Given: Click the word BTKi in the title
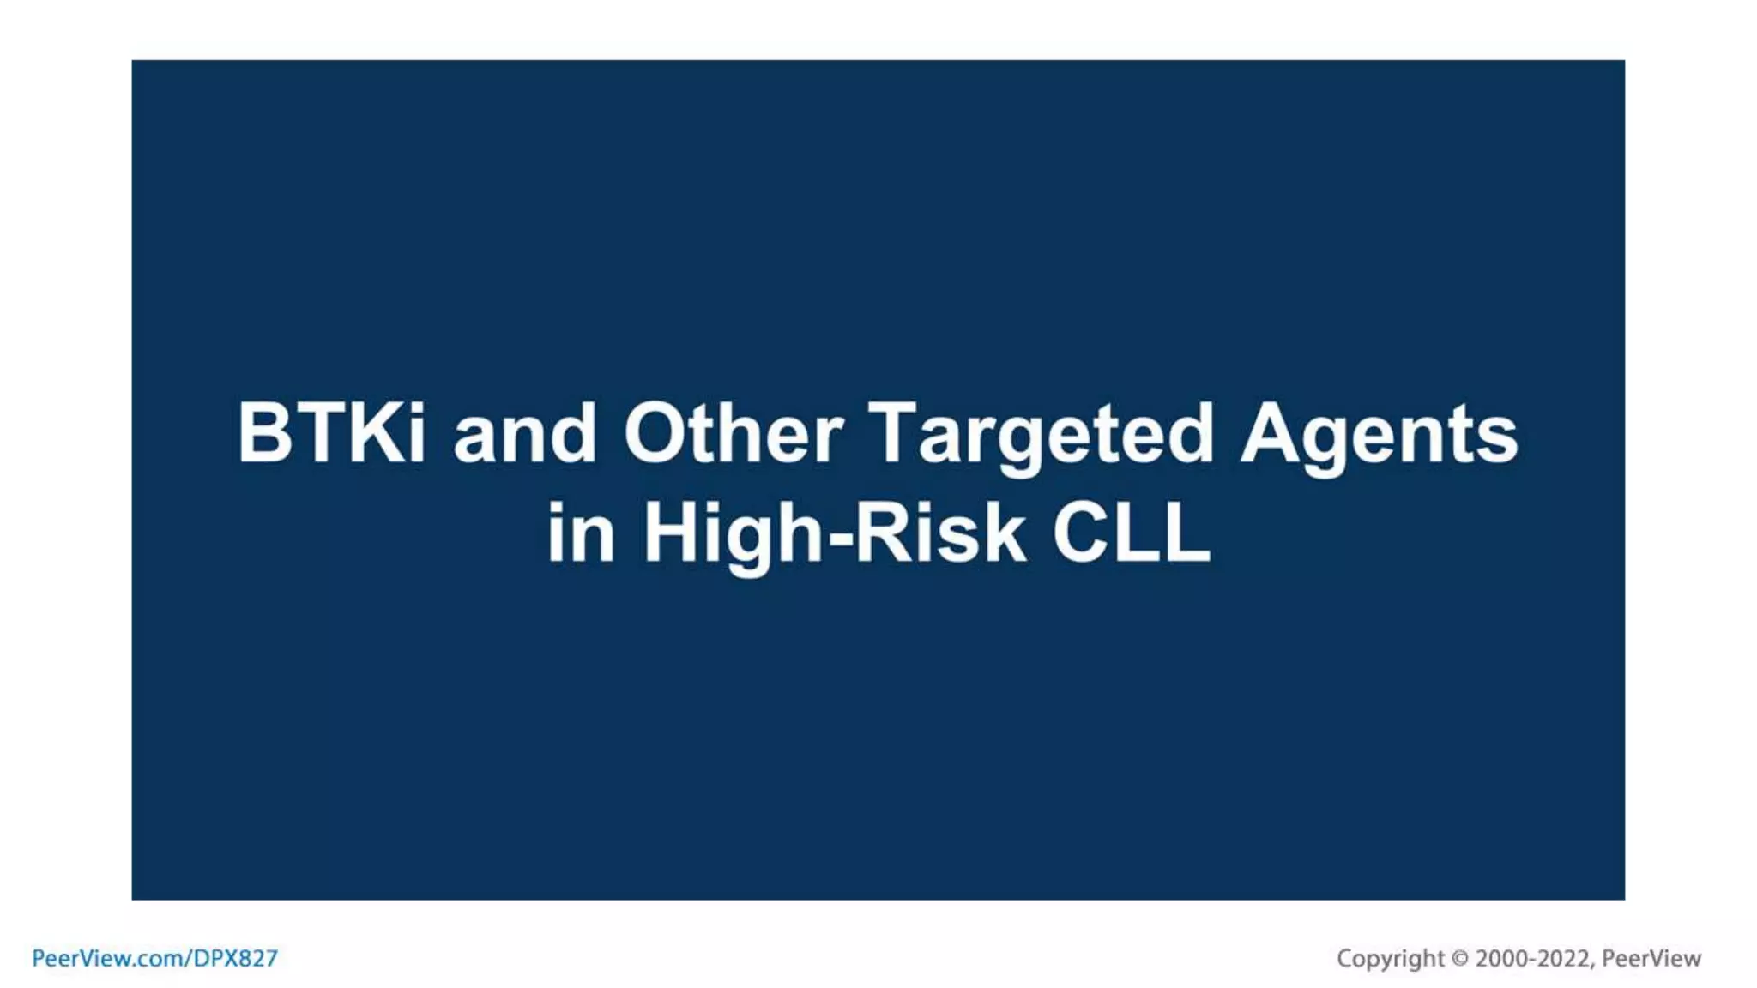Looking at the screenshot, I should coord(331,433).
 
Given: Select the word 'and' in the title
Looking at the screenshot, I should coord(524,435).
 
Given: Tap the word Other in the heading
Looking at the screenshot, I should coord(734,433).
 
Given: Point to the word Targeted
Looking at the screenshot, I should coord(1041,435).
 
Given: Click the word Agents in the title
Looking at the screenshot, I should coord(1379,435).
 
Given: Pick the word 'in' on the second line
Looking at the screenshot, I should coord(581,533).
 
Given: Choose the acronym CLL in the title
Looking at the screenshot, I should coord(1132,533).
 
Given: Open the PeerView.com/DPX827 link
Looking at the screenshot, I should coord(155,958).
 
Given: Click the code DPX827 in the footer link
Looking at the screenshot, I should coord(235,958).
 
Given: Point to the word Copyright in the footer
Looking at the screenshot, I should coord(1390,958).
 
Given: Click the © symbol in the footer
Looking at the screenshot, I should coord(1460,958).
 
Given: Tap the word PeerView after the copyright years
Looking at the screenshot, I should coord(1651,958).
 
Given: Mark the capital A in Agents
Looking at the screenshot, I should coord(1271,433).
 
